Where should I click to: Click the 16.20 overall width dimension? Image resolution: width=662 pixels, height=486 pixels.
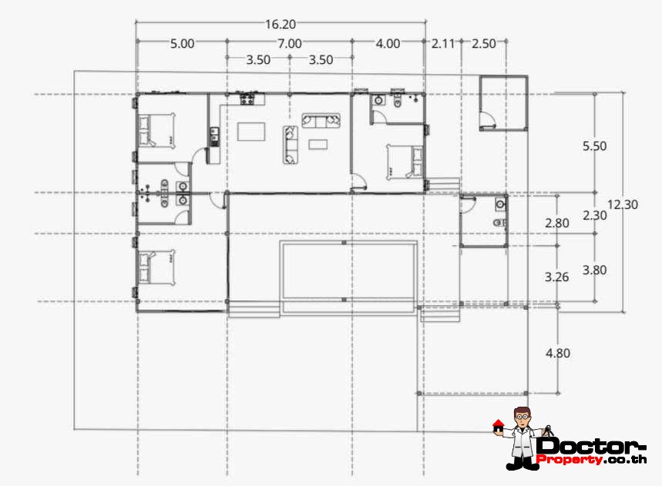point(281,25)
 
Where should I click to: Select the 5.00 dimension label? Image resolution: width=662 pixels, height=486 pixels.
point(182,44)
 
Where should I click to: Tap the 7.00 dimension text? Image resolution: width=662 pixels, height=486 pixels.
point(290,44)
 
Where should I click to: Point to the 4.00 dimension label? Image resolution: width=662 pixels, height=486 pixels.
point(388,44)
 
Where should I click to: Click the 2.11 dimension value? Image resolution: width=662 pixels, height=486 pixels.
point(443,44)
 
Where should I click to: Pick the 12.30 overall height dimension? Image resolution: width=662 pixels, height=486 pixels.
point(623,205)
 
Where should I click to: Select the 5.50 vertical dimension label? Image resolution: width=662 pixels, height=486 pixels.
point(595,146)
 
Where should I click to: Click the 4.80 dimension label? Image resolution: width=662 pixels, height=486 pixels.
point(557,354)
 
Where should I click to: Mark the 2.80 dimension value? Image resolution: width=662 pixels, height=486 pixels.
point(556,223)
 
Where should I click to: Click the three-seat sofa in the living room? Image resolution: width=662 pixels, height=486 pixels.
point(321,120)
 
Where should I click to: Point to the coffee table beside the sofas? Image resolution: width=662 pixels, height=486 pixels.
point(318,144)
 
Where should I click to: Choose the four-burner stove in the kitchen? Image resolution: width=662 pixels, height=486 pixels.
point(249,99)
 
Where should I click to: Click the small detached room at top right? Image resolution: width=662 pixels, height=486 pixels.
point(502,102)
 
